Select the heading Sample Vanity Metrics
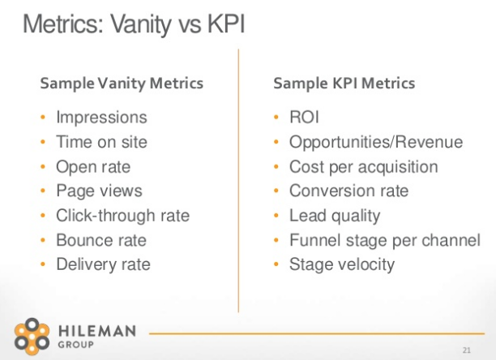(122, 84)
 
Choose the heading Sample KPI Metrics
(344, 84)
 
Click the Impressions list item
(101, 118)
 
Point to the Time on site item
(101, 143)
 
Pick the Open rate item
(92, 167)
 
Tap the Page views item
(99, 191)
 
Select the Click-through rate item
(122, 216)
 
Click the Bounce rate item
(101, 240)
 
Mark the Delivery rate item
(103, 264)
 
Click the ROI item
(305, 118)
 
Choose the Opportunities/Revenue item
(376, 143)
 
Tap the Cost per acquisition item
(364, 167)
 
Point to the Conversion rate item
(349, 191)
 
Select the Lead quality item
(335, 216)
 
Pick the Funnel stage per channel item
(385, 240)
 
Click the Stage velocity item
(342, 264)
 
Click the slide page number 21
(466, 350)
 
